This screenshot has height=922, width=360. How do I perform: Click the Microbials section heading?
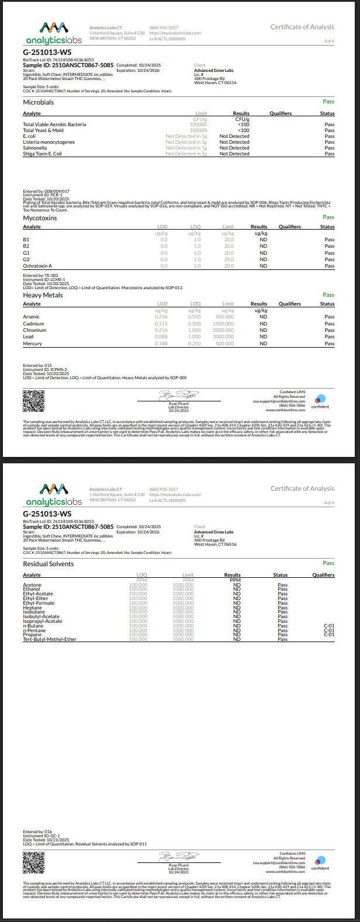[38, 102]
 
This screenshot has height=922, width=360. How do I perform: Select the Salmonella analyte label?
[35, 148]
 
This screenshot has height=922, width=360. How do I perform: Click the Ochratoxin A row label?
[37, 266]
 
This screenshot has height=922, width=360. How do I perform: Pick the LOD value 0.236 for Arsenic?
[162, 317]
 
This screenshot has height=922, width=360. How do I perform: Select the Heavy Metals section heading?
[43, 295]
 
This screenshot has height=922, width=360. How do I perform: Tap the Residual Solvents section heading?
[48, 564]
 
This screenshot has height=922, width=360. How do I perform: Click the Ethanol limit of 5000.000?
[183, 590]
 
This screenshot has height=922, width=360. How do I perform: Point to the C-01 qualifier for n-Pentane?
[328, 630]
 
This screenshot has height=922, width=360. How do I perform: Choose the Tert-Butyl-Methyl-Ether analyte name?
[50, 639]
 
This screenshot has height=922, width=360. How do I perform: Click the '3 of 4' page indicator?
[329, 41]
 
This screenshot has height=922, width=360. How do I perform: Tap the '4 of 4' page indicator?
[329, 502]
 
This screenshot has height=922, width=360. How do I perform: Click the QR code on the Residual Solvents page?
[33, 862]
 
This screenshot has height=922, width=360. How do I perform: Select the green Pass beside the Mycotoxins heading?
[328, 217]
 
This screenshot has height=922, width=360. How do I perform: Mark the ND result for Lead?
[263, 337]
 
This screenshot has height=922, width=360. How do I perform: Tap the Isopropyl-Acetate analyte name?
[42, 621]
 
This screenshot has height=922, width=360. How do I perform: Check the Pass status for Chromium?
[330, 330]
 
